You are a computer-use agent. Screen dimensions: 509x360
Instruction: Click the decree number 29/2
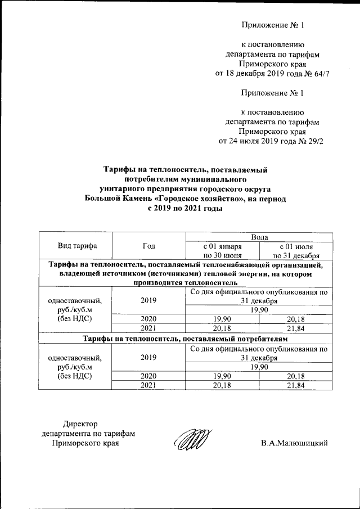coord(313,141)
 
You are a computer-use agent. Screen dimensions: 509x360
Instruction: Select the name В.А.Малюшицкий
coord(294,443)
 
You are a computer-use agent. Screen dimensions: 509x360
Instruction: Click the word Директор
coord(80,423)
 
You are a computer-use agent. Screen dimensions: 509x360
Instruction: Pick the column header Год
coord(148,246)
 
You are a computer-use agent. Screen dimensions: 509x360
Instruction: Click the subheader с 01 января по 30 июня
coord(222,251)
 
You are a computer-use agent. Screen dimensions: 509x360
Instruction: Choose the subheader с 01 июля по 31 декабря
coord(296,251)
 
